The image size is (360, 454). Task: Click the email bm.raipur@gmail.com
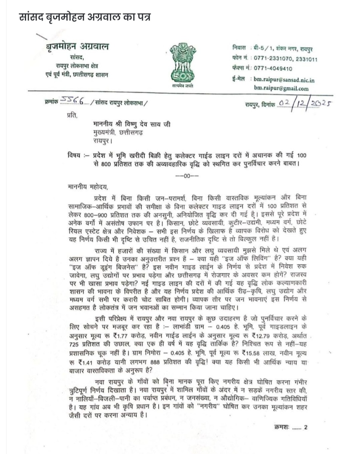(x=281, y=88)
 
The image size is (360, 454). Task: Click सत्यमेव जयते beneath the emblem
(x=182, y=86)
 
